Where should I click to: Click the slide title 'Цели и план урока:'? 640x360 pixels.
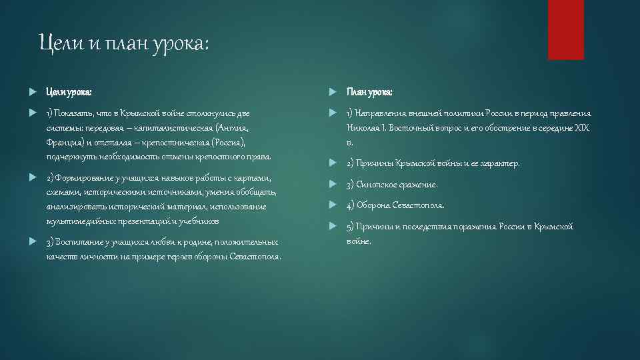124,45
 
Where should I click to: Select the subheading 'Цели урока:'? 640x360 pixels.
69,92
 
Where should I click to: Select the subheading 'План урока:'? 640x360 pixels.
369,92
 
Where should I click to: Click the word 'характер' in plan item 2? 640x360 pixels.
500,163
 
